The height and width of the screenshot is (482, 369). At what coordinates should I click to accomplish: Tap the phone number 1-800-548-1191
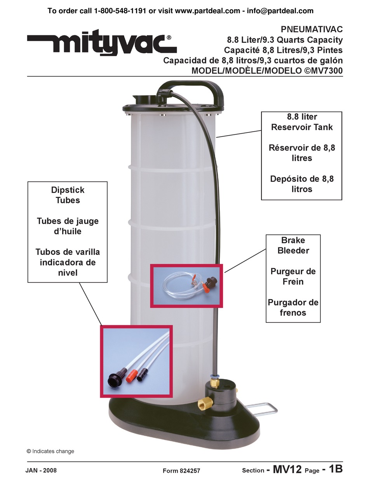120,11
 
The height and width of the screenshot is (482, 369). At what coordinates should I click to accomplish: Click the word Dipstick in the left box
68,190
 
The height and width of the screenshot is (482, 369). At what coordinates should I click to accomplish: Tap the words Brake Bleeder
293,245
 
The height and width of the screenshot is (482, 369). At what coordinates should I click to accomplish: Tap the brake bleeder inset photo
187,286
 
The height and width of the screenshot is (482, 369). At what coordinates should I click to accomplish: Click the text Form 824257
181,470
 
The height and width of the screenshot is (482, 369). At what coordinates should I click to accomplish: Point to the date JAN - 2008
41,470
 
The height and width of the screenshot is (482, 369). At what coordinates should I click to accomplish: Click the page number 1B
336,469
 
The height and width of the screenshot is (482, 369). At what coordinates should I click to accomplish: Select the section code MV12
287,469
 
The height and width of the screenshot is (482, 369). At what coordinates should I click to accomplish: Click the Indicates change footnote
50,451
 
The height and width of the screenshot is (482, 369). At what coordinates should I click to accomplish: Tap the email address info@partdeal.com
280,11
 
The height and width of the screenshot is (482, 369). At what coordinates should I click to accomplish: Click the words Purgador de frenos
293,307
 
